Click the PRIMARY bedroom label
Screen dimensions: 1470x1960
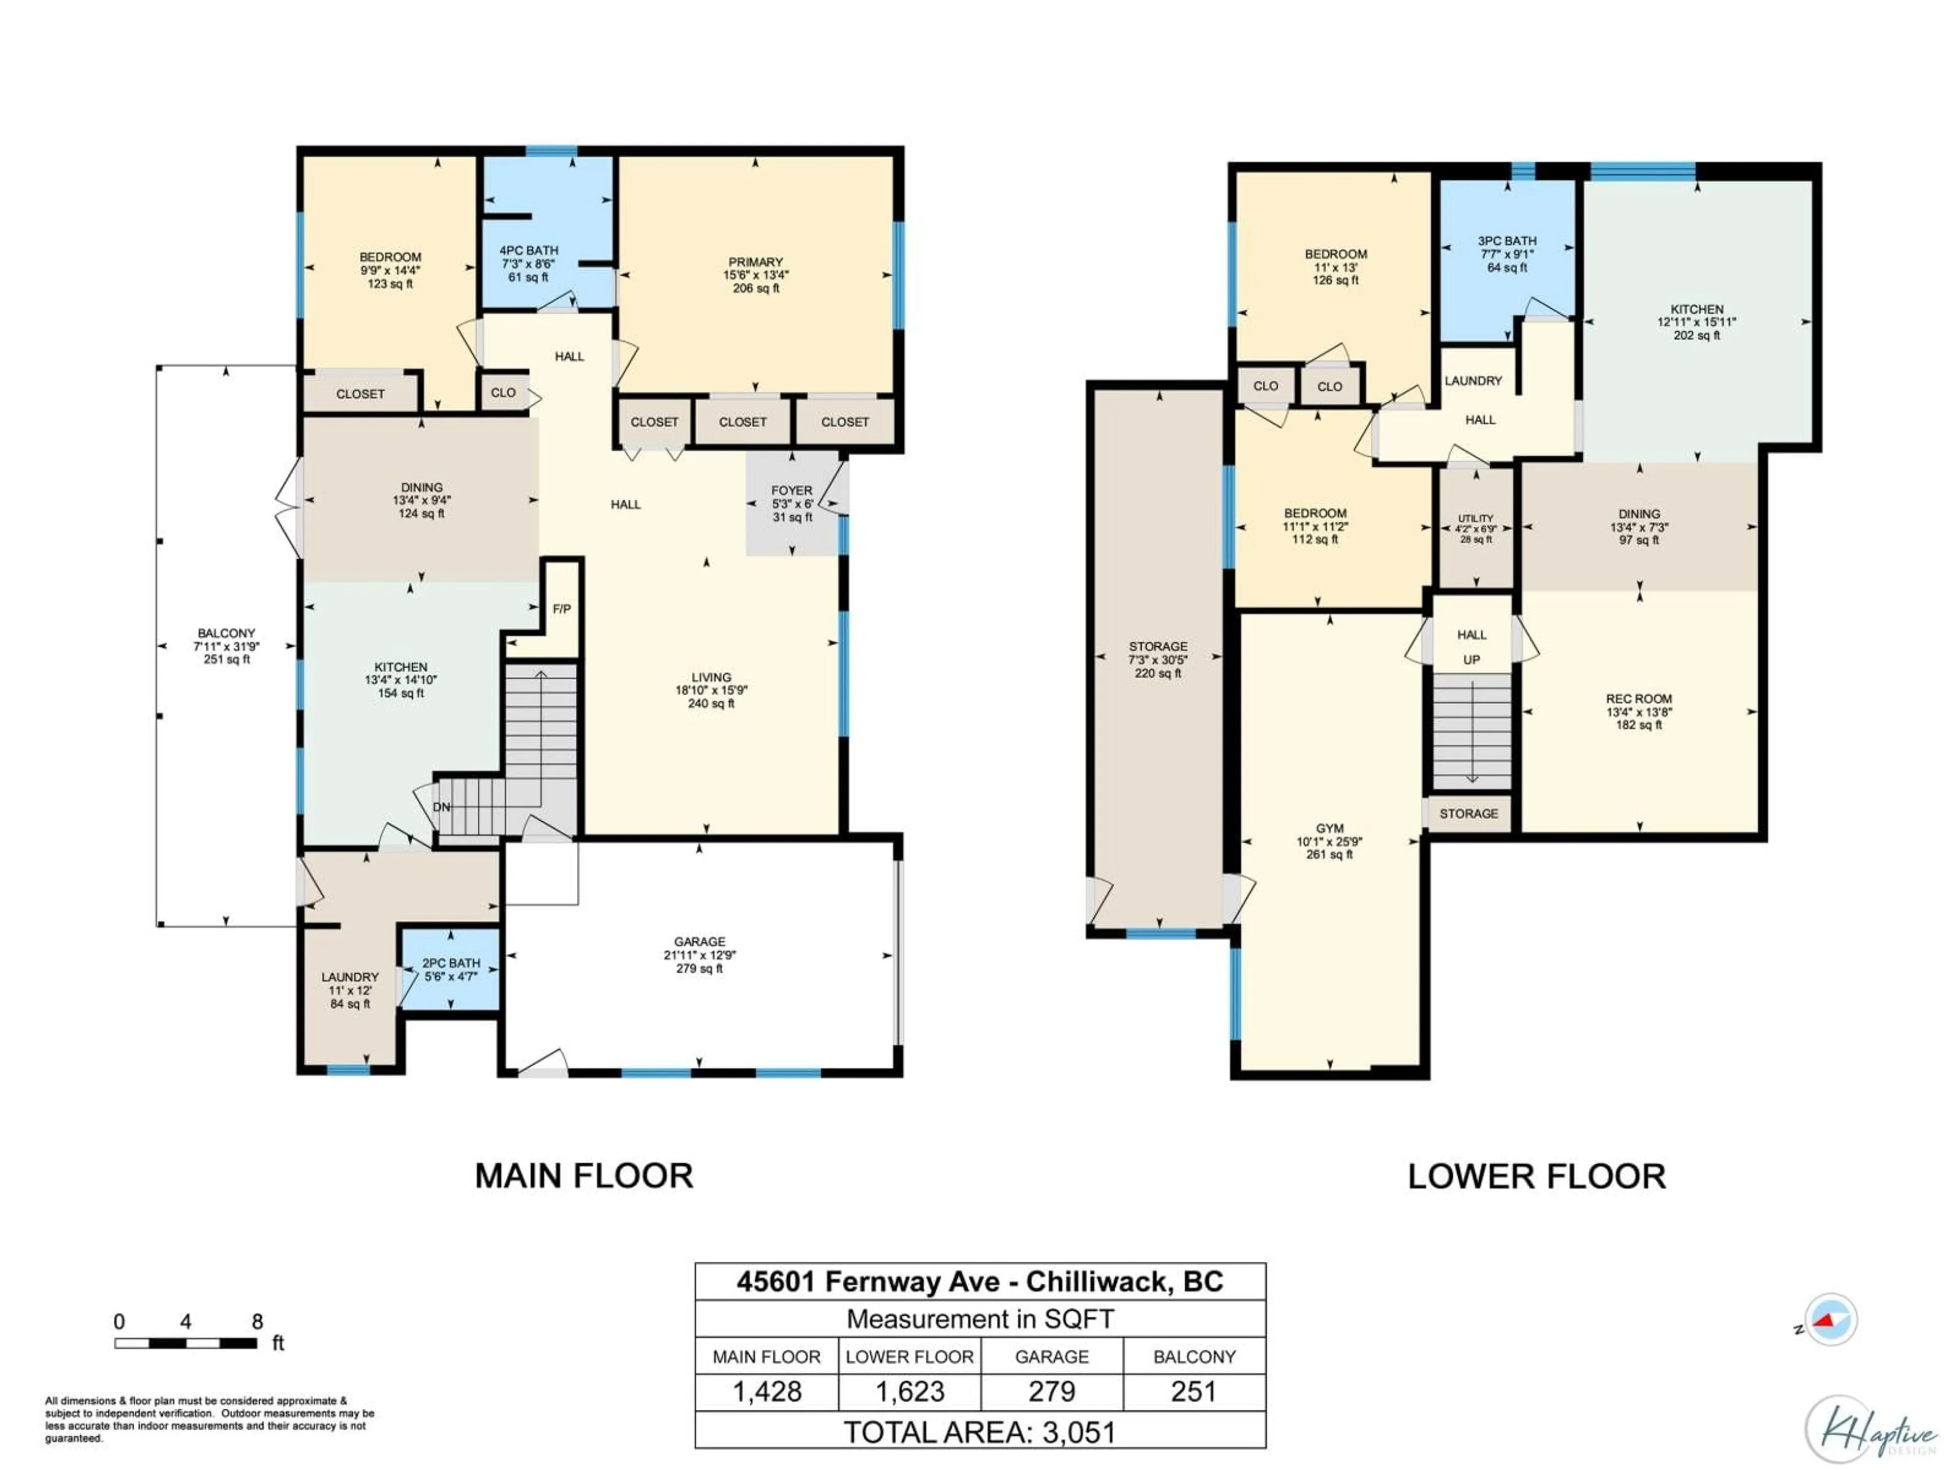click(756, 262)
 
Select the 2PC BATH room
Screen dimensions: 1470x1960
click(451, 969)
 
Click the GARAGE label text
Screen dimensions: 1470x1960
click(699, 942)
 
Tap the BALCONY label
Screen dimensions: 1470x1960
click(226, 633)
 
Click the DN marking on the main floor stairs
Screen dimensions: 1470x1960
click(442, 807)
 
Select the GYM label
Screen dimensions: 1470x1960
click(1329, 828)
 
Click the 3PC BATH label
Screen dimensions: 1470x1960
click(1506, 241)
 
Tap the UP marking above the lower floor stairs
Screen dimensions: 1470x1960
click(1472, 660)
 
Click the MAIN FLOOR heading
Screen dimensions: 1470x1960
click(584, 1177)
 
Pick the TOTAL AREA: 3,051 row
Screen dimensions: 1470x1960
click(980, 1433)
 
